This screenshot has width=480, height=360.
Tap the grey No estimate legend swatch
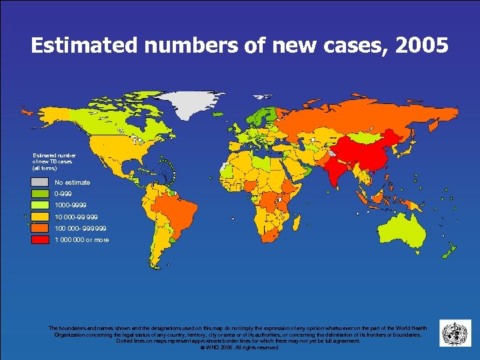pyautogui.click(x=40, y=182)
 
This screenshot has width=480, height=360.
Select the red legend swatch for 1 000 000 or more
pyautogui.click(x=40, y=239)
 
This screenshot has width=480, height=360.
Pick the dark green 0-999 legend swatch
pyautogui.click(x=40, y=193)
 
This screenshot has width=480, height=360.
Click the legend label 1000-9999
pyautogui.click(x=71, y=205)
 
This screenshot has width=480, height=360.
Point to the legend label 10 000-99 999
pyautogui.click(x=77, y=217)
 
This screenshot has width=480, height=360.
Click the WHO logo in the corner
pyautogui.click(x=455, y=333)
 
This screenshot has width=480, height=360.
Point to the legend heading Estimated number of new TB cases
pyautogui.click(x=54, y=161)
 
